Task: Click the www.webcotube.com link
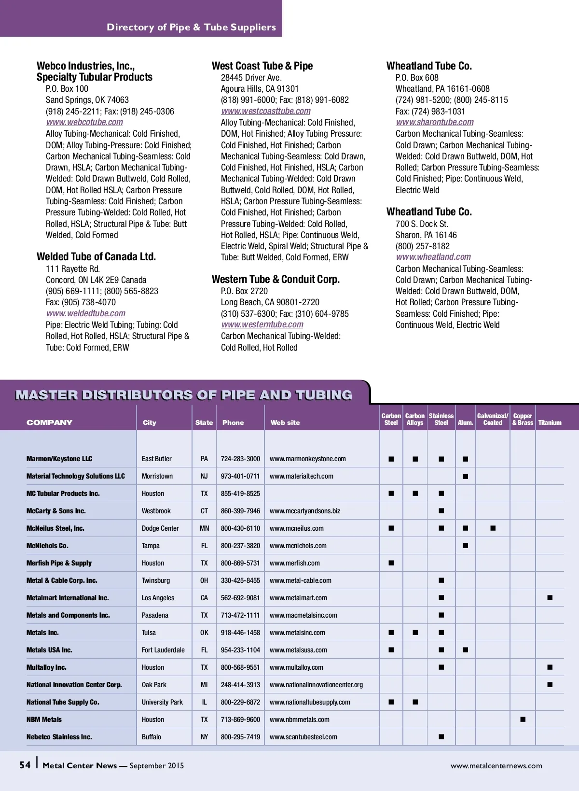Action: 84,122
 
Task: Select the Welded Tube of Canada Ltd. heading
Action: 96,256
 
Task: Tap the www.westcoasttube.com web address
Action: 266,111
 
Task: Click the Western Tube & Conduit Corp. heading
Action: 276,279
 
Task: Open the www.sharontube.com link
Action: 435,122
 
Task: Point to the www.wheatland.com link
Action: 433,257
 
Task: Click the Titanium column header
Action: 550,423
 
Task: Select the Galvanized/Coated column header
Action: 493,419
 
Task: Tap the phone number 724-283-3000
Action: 240,459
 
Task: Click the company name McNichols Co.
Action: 47,546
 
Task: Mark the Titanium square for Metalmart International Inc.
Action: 550,598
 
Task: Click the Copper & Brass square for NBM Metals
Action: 523,720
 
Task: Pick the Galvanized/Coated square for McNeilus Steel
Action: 493,528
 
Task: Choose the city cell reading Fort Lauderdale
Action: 163,650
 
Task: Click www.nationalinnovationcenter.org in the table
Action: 316,685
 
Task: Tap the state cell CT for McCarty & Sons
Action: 204,511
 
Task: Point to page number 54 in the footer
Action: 25,765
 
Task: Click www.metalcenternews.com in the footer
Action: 496,765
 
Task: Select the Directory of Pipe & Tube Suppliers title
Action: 191,27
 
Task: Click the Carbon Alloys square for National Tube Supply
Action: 415,702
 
